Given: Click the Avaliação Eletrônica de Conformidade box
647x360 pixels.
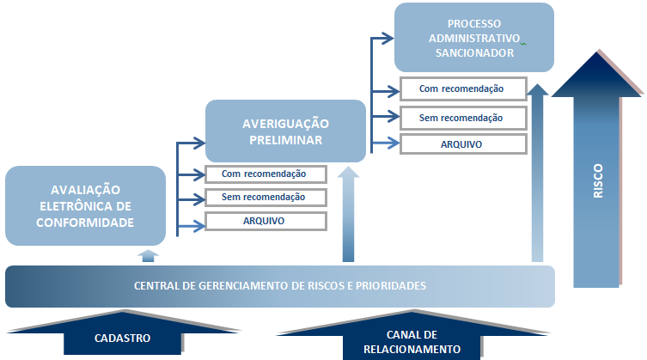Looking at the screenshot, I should pos(84,205).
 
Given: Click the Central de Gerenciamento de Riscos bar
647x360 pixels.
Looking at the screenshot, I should pos(280,286).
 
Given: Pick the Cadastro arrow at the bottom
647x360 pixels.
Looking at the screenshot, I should pos(122,336).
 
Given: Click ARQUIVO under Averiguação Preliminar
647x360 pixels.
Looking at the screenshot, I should pos(266,221).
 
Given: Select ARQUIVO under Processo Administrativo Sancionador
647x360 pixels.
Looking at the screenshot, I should pos(461,143).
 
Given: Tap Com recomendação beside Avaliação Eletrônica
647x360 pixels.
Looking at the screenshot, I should pos(266,174).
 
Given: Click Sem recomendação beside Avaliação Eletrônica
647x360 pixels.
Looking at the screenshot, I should pos(266,198).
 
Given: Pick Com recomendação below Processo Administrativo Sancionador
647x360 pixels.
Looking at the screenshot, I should pos(461,88).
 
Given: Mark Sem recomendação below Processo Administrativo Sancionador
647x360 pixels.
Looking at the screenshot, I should pos(461,117).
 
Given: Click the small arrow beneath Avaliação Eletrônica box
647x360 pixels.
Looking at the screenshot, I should pos(149,254).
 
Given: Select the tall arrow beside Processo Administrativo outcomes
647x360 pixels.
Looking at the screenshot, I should pos(537,172).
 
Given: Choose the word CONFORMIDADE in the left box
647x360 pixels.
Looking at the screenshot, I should pos(84,222).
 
